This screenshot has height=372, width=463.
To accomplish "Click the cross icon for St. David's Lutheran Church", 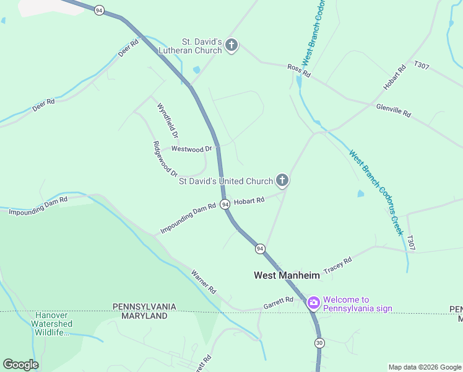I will [231, 45].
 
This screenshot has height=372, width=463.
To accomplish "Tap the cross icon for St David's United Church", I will [282, 180].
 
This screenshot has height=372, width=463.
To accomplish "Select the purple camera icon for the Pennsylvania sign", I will [314, 303].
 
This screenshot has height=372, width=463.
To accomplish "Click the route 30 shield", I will [319, 343].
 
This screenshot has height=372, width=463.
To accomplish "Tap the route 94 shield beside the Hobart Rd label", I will [225, 204].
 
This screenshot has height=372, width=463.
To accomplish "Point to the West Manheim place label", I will [287, 275].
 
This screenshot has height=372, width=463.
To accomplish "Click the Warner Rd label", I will [203, 281].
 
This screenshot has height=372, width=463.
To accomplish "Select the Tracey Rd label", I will [337, 264].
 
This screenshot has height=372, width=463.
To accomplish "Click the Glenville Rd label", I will [393, 110].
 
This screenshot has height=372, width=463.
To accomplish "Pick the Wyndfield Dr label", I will [167, 120].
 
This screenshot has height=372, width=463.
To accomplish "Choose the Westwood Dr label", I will [191, 149].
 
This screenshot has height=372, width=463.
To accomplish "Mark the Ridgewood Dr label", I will [165, 159].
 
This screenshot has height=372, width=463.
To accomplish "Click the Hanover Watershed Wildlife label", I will [53, 324].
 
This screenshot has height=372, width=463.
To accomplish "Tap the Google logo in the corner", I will [20, 365].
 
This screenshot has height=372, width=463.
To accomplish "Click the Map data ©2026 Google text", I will [425, 367].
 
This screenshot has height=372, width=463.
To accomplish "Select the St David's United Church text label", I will [225, 181].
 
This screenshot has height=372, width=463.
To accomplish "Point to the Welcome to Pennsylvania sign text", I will [357, 304].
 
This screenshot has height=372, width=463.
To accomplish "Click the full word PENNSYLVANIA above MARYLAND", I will [144, 307].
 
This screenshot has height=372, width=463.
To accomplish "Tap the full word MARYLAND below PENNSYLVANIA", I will [144, 316].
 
